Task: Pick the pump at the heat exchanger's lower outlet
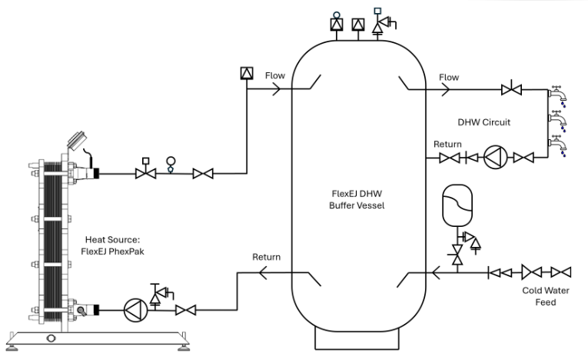135,311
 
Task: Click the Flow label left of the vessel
275,76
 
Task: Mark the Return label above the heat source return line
267,257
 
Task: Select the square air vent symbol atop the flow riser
245,74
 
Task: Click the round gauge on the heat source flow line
171,162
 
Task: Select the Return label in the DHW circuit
447,144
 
